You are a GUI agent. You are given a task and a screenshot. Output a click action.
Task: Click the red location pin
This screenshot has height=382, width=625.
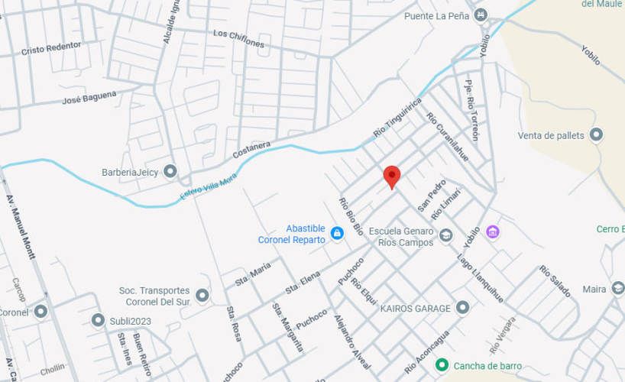pyautogui.click(x=391, y=176)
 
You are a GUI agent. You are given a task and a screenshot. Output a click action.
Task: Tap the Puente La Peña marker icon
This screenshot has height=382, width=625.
pyautogui.click(x=481, y=15)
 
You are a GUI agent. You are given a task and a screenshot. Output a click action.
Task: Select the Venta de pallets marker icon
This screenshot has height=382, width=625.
pyautogui.click(x=597, y=135)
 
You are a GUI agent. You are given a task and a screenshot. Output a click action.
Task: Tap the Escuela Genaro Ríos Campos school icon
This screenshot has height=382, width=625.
pyautogui.click(x=446, y=235)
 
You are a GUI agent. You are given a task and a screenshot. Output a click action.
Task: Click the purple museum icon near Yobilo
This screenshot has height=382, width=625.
pyautogui.click(x=493, y=231)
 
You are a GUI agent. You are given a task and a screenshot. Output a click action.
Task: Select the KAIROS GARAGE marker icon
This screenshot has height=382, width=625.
pyautogui.click(x=462, y=308)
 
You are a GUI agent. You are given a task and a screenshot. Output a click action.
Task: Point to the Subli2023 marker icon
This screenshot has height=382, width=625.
pyautogui.click(x=98, y=320)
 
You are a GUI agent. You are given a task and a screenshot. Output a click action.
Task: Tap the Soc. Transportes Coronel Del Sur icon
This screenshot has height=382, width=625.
pyautogui.click(x=202, y=295)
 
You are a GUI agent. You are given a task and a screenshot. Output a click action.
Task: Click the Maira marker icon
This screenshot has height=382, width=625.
pyautogui.click(x=617, y=289)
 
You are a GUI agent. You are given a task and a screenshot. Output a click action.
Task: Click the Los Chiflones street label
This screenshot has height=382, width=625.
pyautogui.click(x=239, y=39)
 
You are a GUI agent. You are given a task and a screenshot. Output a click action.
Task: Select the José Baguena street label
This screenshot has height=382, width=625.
pyautogui.click(x=89, y=98)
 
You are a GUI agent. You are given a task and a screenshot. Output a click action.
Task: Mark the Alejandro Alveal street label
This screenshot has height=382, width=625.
pyautogui.click(x=351, y=341)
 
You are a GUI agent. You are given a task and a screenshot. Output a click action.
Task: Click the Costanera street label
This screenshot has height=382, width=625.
pyautogui.click(x=251, y=150)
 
